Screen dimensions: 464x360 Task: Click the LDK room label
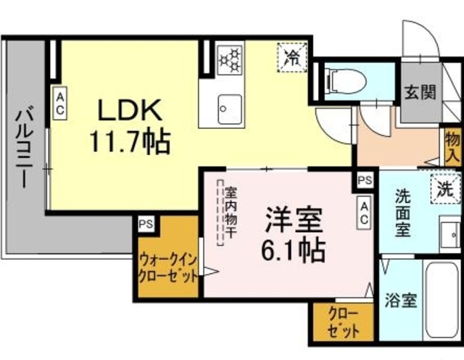[x=130, y=110]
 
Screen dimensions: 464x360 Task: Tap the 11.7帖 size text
[x=130, y=142]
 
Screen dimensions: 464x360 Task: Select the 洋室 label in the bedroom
[x=293, y=220]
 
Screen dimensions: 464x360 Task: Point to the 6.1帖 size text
[x=293, y=251]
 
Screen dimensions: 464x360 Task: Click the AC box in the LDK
[x=60, y=103]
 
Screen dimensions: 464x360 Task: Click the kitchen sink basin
[x=230, y=109]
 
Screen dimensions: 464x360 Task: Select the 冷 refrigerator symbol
[x=292, y=57]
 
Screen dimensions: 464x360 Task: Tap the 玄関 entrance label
[x=420, y=92]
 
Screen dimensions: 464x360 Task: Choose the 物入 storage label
[x=452, y=147]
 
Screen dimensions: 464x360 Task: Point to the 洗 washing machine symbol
[x=446, y=189]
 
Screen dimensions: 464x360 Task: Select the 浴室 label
[x=401, y=301]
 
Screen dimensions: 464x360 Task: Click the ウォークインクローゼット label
[x=167, y=269]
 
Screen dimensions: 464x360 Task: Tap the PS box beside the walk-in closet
[x=146, y=224]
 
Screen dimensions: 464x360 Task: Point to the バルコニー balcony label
[x=25, y=148]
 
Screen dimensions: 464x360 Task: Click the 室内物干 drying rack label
[x=231, y=212]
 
